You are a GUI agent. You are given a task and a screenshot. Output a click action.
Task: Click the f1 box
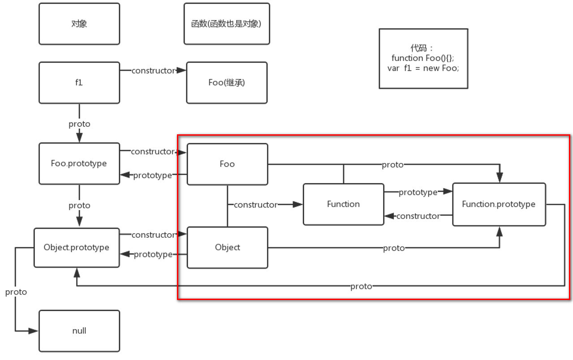(79, 83)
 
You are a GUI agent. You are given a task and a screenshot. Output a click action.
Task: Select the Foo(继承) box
(227, 83)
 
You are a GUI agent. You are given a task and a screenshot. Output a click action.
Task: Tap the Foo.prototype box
(79, 163)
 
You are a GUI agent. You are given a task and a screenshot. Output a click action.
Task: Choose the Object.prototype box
(77, 248)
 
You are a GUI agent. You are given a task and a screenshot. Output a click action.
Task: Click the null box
(79, 331)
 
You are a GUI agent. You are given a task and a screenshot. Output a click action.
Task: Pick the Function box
(343, 204)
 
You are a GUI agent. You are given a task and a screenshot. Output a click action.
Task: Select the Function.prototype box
(499, 204)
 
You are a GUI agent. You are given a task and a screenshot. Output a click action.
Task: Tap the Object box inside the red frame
(227, 248)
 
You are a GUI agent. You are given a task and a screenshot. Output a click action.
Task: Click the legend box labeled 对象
(79, 24)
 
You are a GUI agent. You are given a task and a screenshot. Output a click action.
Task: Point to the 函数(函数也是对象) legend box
(227, 24)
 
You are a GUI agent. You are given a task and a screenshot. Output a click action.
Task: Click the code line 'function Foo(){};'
(423, 58)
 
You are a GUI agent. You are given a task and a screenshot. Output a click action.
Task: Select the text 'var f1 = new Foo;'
(423, 69)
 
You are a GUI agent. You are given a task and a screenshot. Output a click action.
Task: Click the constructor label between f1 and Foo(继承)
(153, 71)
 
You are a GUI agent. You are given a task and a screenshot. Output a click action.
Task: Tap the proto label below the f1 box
(79, 124)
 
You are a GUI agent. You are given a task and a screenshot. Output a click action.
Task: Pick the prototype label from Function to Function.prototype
(418, 192)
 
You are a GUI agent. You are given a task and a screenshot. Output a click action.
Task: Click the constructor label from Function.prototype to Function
(418, 216)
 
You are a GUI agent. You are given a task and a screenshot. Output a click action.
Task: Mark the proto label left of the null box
(16, 292)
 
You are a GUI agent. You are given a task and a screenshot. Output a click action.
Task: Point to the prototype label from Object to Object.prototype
(153, 254)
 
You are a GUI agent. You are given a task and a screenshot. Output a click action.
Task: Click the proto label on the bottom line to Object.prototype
(361, 286)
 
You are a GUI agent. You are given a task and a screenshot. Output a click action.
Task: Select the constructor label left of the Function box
(255, 205)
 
